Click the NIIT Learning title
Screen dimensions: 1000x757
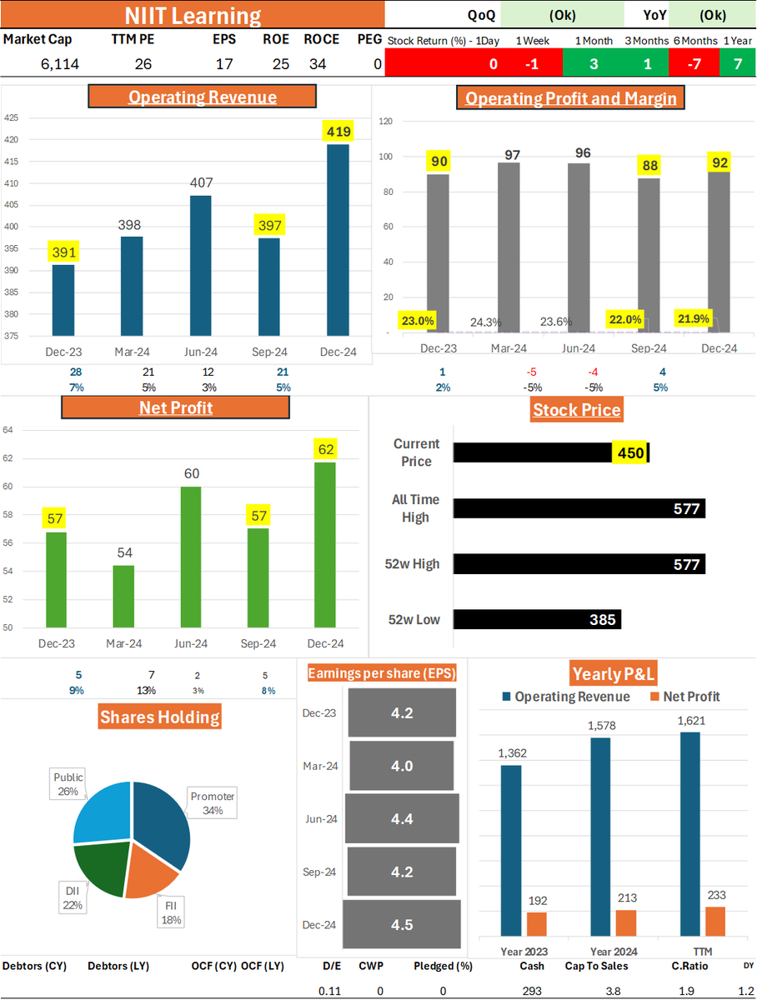pos(193,16)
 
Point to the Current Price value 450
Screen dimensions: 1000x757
pos(629,452)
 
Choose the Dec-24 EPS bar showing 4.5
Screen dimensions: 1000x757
pos(401,924)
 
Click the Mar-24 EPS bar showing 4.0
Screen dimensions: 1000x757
pos(402,766)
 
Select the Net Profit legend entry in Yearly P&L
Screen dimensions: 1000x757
pos(684,697)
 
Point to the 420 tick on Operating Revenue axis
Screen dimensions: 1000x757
pos(12,140)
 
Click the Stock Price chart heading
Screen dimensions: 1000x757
pos(577,410)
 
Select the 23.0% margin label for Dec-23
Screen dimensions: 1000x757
pos(417,320)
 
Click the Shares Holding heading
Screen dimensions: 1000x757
pos(160,716)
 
